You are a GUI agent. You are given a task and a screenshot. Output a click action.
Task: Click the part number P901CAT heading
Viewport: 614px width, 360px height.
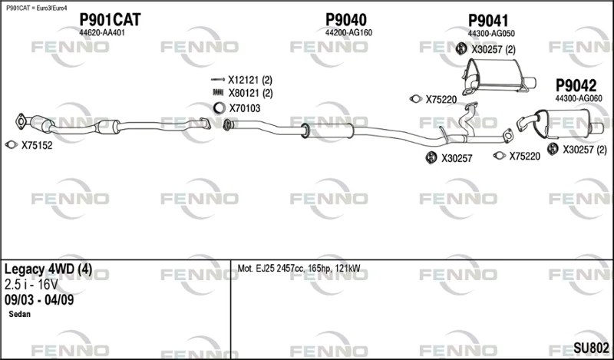pyautogui.click(x=110, y=20)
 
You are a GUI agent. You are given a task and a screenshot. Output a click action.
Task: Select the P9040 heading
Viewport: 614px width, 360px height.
pyautogui.click(x=346, y=20)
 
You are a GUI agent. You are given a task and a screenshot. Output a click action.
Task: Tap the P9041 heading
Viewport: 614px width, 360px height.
pyautogui.click(x=488, y=21)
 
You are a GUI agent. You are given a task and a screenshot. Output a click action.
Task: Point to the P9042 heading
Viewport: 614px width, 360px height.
pyautogui.click(x=576, y=85)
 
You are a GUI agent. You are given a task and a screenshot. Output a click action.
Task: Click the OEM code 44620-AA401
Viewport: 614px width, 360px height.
pyautogui.click(x=102, y=33)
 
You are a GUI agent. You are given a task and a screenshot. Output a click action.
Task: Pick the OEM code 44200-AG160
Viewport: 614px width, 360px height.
pyautogui.click(x=348, y=33)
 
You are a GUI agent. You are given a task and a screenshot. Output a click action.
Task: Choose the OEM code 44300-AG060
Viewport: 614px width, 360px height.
pyautogui.click(x=579, y=98)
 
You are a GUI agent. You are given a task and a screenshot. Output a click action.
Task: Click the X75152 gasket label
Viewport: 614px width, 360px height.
pyautogui.click(x=37, y=146)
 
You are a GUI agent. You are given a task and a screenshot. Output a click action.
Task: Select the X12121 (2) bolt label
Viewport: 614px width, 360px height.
pyautogui.click(x=250, y=81)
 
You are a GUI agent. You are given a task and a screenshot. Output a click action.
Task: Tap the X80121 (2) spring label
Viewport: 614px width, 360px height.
pyautogui.click(x=251, y=93)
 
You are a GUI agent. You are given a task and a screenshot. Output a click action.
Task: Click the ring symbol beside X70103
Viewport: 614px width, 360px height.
pyautogui.click(x=220, y=107)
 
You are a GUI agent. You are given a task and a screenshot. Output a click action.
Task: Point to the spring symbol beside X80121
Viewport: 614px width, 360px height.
pyautogui.click(x=217, y=93)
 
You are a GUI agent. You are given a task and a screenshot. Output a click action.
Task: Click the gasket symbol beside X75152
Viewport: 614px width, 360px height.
pyautogui.click(x=12, y=145)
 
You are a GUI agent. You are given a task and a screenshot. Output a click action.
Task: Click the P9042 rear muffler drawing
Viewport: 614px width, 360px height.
pyautogui.click(x=560, y=124)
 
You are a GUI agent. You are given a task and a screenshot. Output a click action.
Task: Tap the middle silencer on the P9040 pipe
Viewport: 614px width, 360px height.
pyautogui.click(x=328, y=130)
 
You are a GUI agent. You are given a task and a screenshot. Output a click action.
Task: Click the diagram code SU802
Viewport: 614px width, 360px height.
pyautogui.click(x=591, y=348)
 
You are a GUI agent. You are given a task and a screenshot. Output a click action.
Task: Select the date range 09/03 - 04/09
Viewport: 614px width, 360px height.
pyautogui.click(x=39, y=299)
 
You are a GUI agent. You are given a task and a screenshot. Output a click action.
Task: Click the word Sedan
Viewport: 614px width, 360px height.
pyautogui.click(x=19, y=314)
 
